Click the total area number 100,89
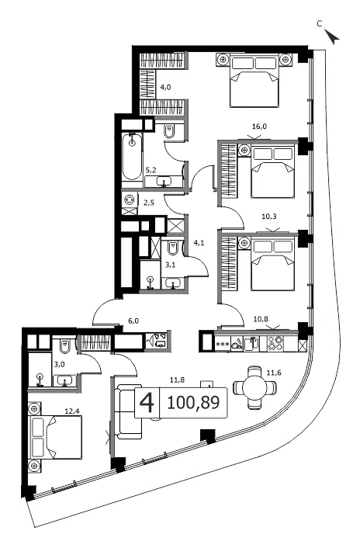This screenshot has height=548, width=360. [193, 403]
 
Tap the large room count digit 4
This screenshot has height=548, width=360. [147, 403]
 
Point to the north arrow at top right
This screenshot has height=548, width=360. [332, 36]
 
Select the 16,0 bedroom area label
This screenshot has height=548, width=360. [259, 127]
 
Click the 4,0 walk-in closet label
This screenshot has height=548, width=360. [165, 88]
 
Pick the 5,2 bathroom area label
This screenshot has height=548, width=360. [151, 170]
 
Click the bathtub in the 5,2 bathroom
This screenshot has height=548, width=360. [133, 157]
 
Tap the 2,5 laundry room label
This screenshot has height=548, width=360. [149, 203]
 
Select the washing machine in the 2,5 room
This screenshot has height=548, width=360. [130, 199]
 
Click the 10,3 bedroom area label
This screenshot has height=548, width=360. [269, 217]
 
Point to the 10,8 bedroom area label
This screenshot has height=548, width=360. [261, 319]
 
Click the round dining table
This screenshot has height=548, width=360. [255, 387]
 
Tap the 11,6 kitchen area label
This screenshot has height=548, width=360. [274, 373]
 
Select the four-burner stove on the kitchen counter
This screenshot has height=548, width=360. [275, 343]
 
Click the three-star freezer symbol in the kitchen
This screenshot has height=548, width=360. [223, 345]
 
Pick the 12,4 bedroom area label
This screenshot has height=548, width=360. [72, 411]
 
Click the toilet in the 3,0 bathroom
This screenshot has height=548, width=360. [65, 346]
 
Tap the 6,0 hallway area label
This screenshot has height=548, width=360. [133, 321]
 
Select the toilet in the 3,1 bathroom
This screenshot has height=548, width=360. [173, 248]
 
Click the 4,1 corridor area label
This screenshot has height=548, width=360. [199, 242]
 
